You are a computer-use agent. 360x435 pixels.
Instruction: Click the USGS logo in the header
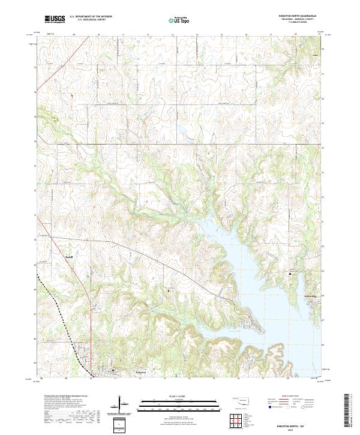click(x=55, y=19)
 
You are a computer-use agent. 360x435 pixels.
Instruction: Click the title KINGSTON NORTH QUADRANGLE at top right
click(x=298, y=16)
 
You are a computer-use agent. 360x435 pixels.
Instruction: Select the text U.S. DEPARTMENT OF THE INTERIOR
click(x=91, y=16)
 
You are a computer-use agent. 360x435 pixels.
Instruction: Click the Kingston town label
click(x=137, y=372)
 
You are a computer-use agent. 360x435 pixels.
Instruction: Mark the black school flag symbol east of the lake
click(x=290, y=274)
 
